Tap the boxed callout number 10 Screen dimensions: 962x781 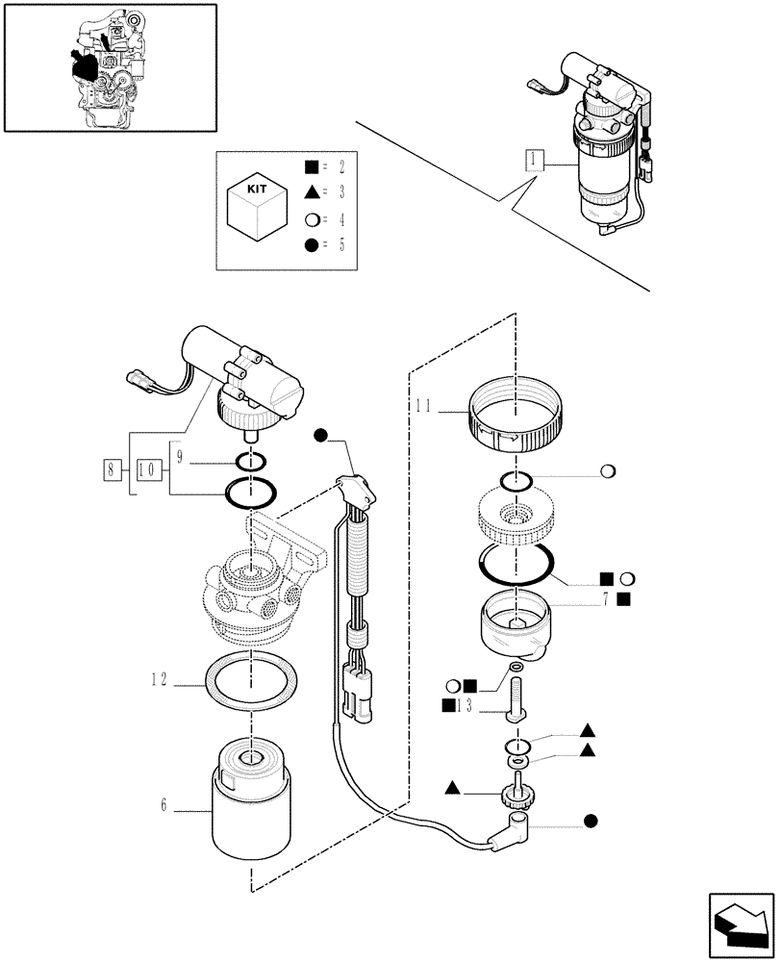coord(149,470)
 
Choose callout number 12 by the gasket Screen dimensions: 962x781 coord(160,679)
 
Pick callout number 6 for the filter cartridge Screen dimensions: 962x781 coord(164,805)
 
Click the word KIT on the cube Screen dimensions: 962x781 coord(258,190)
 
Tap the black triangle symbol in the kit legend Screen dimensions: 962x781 coord(312,191)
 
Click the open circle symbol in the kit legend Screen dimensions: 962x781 coord(312,218)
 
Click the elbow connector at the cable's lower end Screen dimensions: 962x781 coord(512,824)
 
